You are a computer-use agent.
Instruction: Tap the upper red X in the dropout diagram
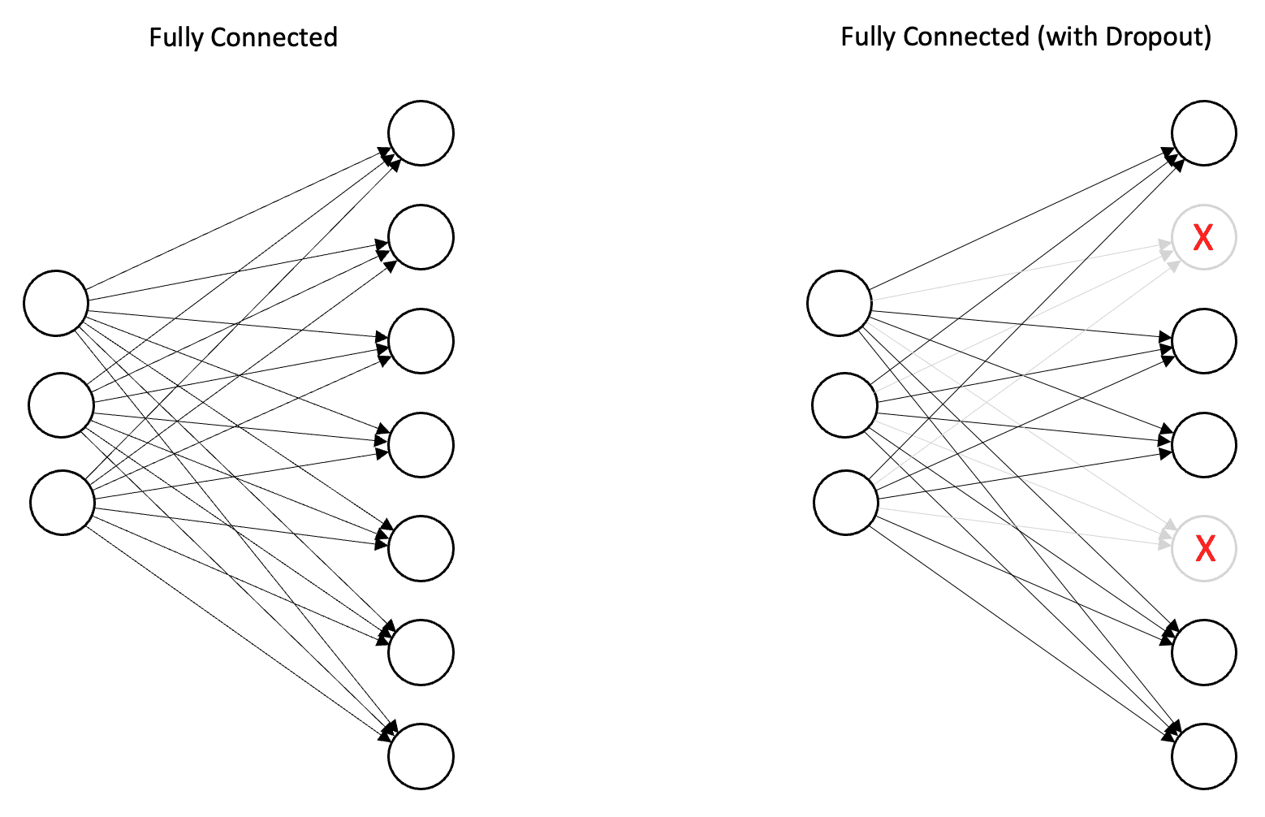pos(1203,237)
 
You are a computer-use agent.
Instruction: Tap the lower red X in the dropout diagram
pos(1205,549)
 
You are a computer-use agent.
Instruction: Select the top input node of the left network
pos(56,303)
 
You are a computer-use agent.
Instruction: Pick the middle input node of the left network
pos(61,405)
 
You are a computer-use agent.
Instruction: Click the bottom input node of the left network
pos(63,503)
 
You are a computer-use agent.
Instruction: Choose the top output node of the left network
pos(421,133)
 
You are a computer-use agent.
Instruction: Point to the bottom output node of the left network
pos(421,756)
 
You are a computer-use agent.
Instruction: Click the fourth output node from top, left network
pos(421,445)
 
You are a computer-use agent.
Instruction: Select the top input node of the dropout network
pos(840,303)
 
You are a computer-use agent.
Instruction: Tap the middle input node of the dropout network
pos(844,405)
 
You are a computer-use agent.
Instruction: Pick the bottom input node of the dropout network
pos(846,503)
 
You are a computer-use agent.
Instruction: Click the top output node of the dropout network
pos(1204,133)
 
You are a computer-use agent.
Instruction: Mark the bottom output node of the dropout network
pos(1204,756)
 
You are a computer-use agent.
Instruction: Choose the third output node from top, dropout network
pos(1204,341)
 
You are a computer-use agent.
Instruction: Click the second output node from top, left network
pos(421,237)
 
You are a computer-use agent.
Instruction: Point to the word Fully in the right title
pos(866,37)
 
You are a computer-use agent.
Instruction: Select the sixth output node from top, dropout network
pos(1204,652)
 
